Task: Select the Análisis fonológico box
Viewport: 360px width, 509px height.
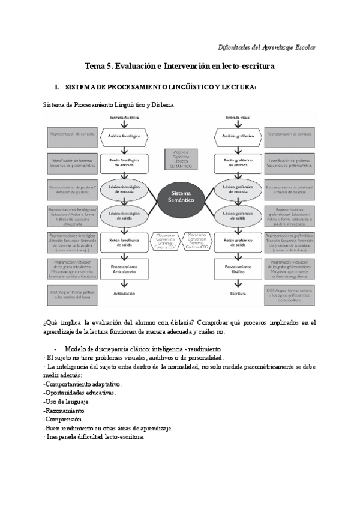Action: tap(124, 136)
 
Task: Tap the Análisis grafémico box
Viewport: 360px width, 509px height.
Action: tap(239, 136)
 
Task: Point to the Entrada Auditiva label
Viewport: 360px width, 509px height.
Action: tap(124, 118)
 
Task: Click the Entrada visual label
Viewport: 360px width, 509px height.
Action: tap(238, 118)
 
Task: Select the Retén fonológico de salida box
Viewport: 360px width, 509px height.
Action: tap(124, 242)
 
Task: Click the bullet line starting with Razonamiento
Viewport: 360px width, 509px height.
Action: tap(64, 411)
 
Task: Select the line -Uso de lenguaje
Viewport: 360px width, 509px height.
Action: tap(67, 402)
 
